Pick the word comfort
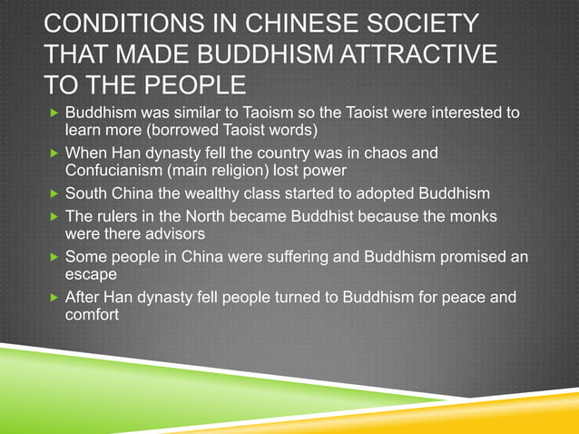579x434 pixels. [93, 314]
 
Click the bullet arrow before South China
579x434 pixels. [54, 193]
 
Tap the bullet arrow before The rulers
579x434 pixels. [54, 217]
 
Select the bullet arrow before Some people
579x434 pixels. [54, 257]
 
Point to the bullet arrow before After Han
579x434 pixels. [54, 298]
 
